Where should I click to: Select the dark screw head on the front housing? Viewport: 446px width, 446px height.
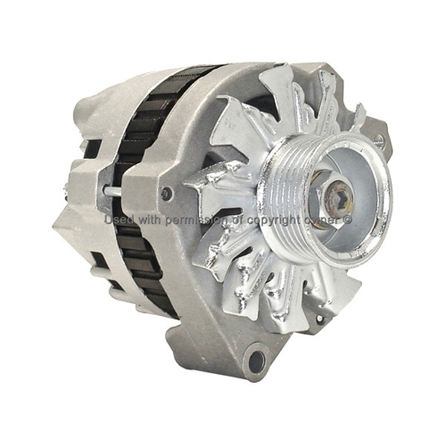167,194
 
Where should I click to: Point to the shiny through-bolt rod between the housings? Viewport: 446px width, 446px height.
113,192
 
